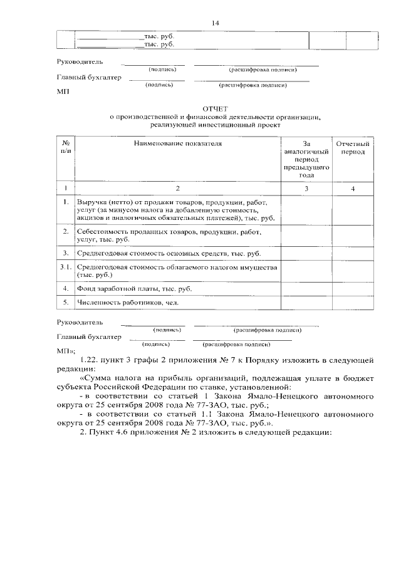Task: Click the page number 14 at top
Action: coord(215,23)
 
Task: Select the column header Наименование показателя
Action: coord(177,144)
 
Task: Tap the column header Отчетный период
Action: coord(353,148)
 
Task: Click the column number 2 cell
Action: coord(177,188)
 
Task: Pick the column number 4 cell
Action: coord(353,188)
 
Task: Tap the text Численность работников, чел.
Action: coord(127,303)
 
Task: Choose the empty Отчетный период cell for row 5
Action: coord(353,303)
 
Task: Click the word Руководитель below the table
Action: coord(80,323)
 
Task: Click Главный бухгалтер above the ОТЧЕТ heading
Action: coord(89,78)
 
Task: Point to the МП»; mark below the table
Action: coord(66,351)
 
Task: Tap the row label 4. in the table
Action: coord(65,289)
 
